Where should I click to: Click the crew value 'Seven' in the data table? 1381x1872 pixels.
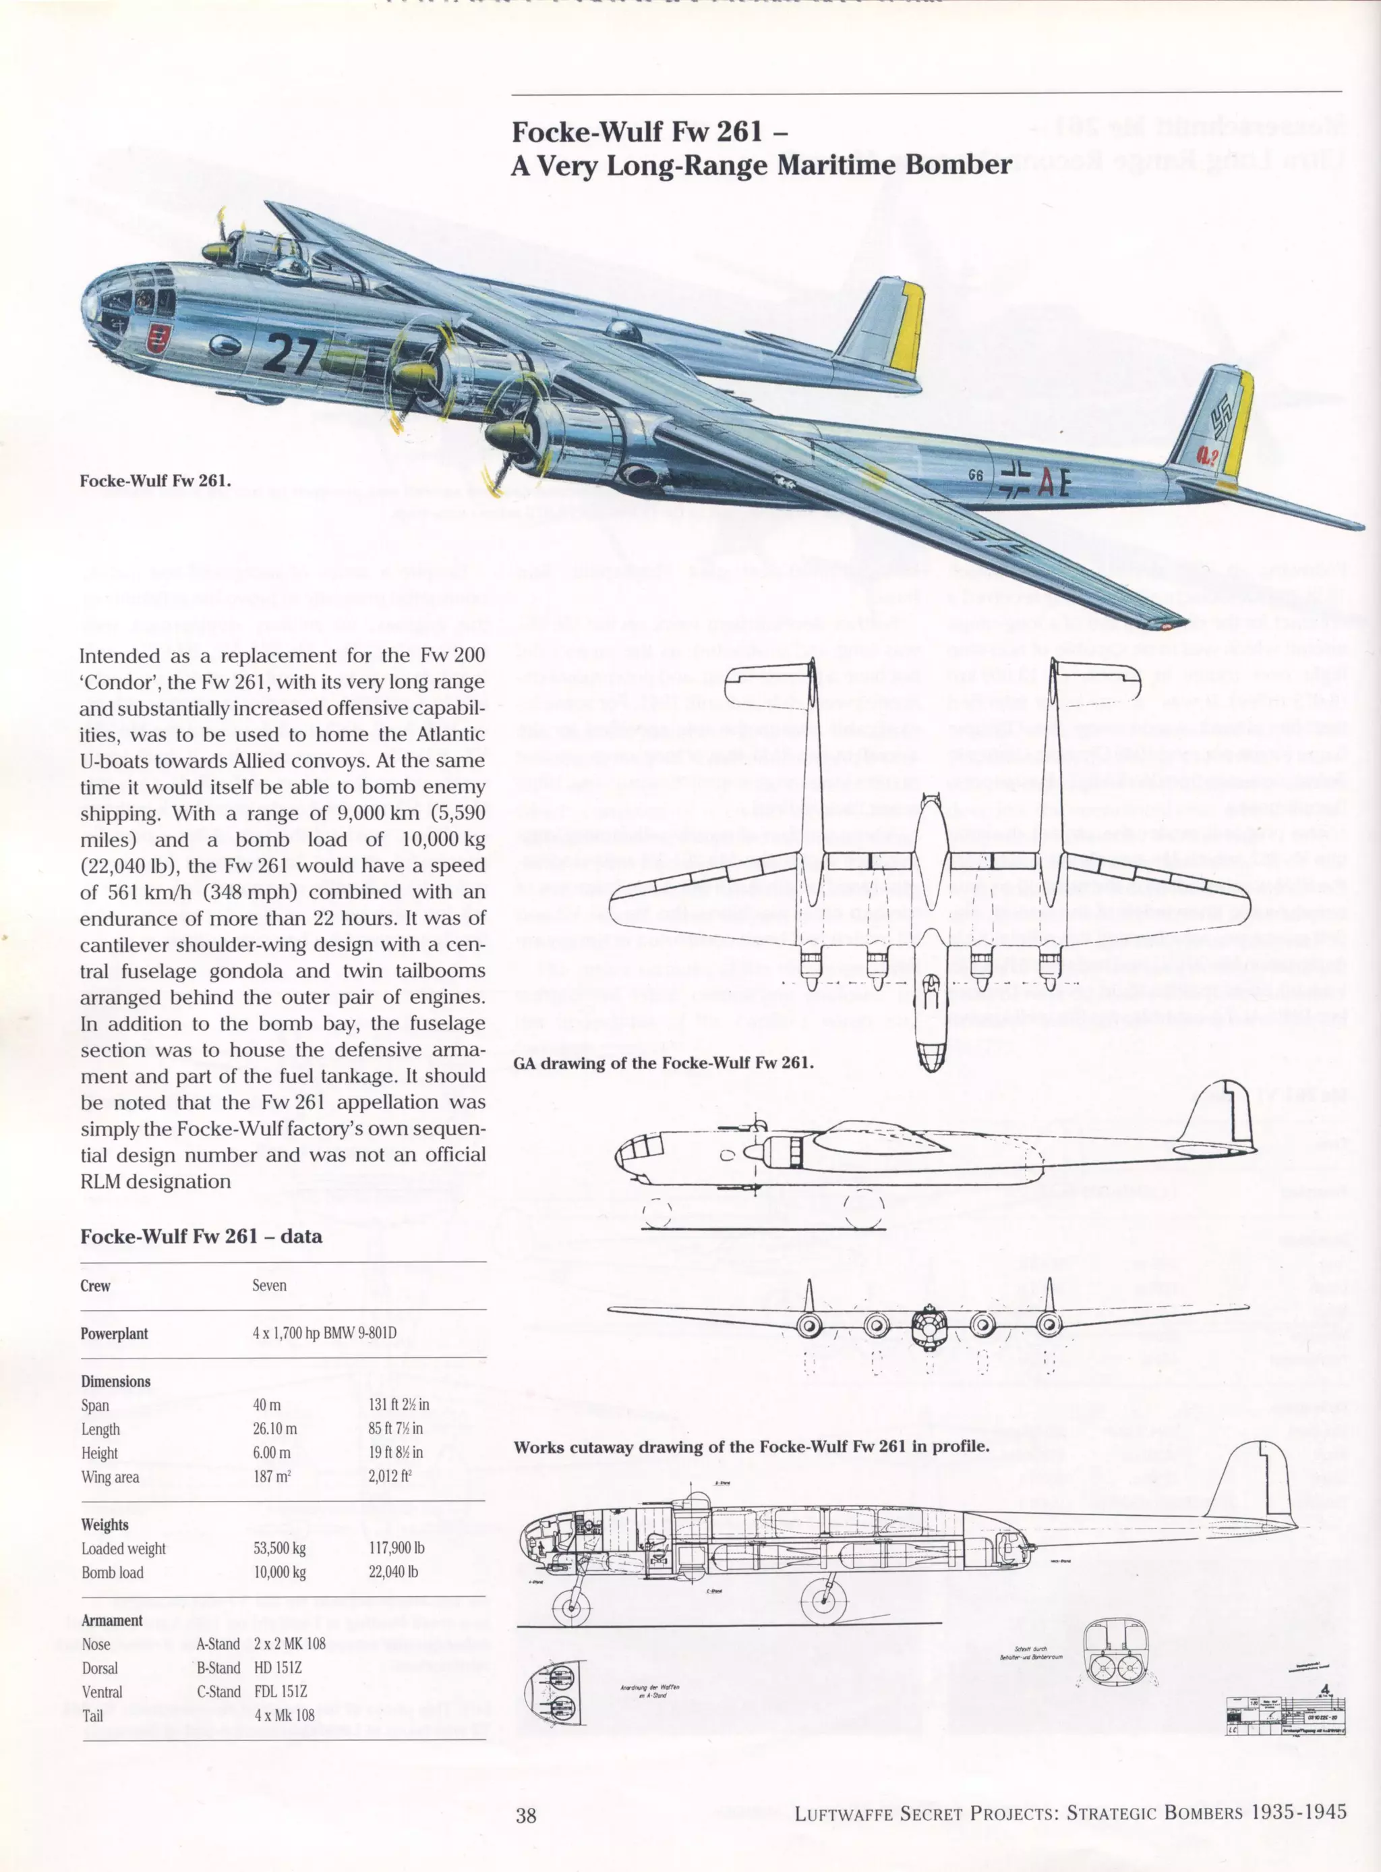tap(269, 1285)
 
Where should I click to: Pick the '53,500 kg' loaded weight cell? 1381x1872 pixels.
tap(279, 1548)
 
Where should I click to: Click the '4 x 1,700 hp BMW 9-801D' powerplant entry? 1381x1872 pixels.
tap(324, 1333)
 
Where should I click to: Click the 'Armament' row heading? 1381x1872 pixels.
tap(112, 1620)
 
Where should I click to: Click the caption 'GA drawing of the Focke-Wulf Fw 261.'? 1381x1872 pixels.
tap(664, 1062)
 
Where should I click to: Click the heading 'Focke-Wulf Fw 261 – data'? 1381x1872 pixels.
tap(201, 1236)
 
